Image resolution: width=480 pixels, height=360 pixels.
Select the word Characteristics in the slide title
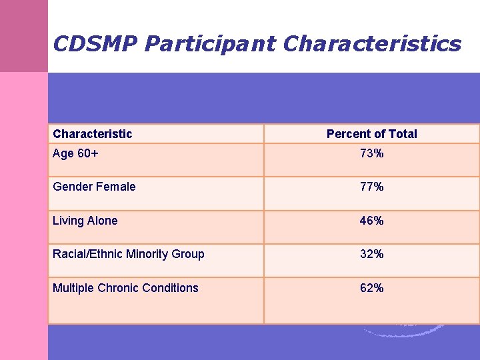[372, 44]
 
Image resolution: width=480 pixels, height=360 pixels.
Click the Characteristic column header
[93, 134]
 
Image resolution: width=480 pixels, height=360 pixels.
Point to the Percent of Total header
[371, 134]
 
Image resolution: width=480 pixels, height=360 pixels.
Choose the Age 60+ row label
[75, 153]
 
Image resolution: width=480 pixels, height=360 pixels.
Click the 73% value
[371, 154]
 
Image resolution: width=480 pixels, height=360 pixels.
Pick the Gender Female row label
[94, 187]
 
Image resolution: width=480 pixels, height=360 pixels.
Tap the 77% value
[371, 187]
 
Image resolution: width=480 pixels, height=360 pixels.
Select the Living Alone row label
[85, 221]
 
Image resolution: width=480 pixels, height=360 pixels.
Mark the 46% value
[371, 221]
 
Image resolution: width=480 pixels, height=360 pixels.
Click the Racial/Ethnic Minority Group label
[129, 254]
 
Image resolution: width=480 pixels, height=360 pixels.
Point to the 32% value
[371, 254]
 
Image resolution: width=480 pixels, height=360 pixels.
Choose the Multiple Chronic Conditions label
[125, 288]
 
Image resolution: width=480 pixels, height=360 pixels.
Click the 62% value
[371, 288]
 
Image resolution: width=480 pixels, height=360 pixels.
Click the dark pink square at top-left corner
[24, 36]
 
